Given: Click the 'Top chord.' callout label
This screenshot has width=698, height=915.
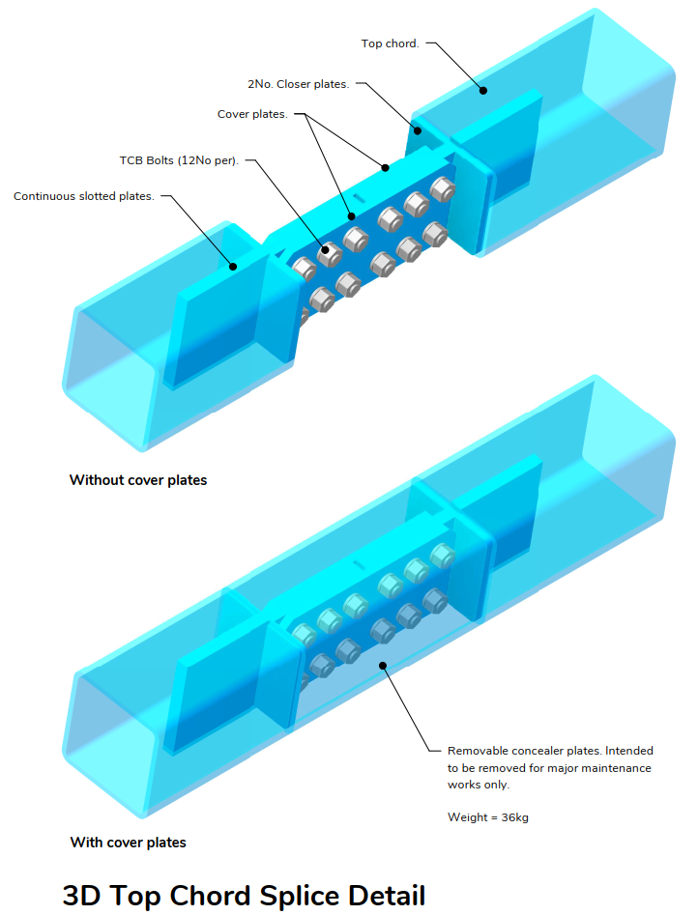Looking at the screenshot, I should click(x=390, y=43).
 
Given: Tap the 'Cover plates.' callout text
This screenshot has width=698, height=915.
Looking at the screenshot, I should click(x=252, y=114).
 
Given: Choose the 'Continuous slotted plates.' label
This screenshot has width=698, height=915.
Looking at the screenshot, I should click(x=84, y=196).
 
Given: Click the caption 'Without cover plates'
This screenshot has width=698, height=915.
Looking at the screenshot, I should click(x=138, y=480).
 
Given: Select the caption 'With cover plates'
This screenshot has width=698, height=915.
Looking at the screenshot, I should click(x=128, y=843).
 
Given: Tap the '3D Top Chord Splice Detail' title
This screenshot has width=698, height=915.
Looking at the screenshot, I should click(x=244, y=895).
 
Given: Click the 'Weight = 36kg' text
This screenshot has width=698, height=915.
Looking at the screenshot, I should click(x=487, y=817).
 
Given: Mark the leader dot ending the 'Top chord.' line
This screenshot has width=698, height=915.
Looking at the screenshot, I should click(x=483, y=91).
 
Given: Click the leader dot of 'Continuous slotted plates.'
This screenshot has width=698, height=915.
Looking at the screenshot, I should click(x=232, y=265).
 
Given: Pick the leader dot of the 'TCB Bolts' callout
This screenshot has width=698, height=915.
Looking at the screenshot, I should click(x=326, y=250).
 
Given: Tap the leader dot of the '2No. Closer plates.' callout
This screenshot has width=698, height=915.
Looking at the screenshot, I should click(x=419, y=129).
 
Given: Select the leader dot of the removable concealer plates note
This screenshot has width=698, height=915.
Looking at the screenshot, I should click(x=384, y=665).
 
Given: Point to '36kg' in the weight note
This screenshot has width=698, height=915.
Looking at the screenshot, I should click(x=514, y=817).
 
